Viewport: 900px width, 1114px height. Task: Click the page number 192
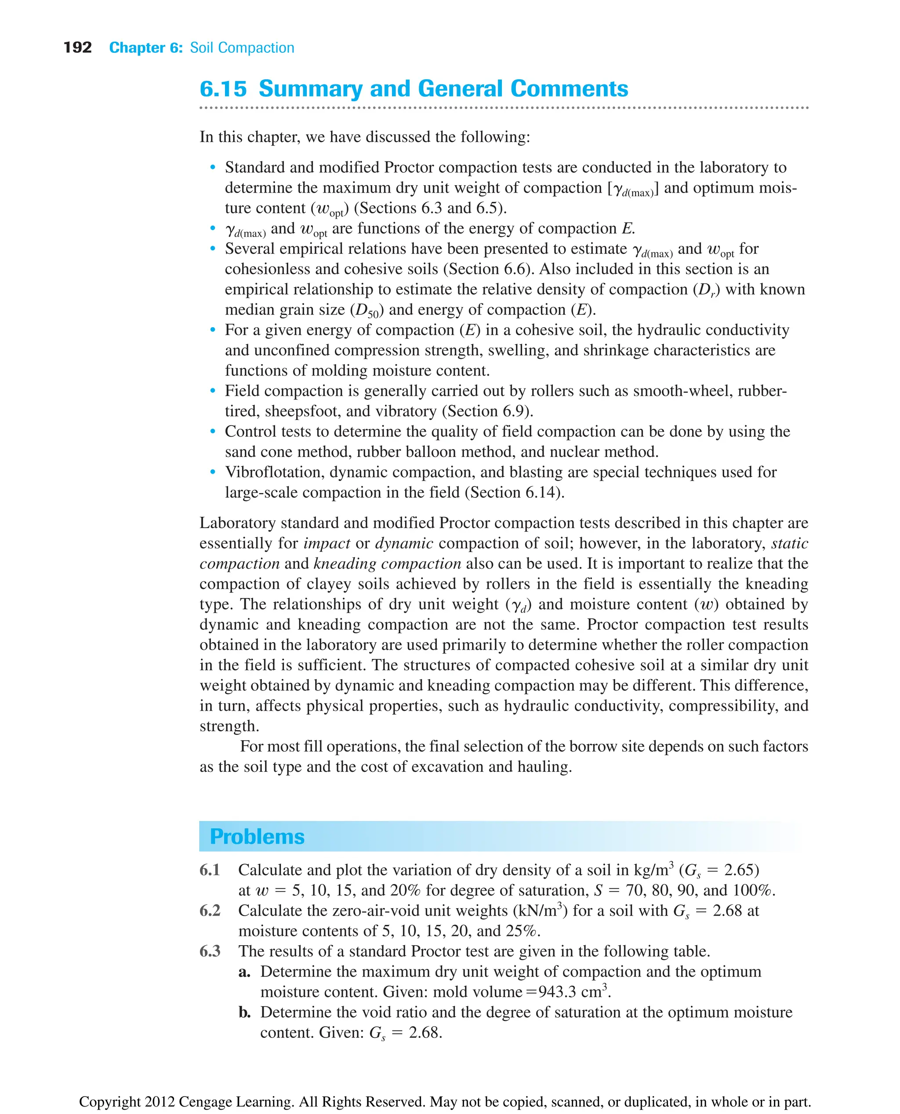point(77,48)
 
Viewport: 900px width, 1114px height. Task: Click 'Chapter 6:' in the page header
point(146,48)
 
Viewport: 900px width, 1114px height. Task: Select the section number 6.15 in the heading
point(223,89)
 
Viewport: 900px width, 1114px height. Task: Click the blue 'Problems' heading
point(257,836)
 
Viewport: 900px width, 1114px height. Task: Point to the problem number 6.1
point(210,870)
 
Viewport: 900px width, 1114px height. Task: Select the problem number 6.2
point(210,911)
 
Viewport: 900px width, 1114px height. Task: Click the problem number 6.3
point(210,951)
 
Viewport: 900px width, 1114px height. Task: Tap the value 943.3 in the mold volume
point(558,992)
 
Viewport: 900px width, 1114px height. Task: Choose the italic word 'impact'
point(327,543)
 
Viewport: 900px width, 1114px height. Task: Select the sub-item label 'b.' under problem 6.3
point(245,1012)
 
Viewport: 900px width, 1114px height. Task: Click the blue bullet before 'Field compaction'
point(213,391)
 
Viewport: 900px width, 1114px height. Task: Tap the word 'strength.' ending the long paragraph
point(229,727)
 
